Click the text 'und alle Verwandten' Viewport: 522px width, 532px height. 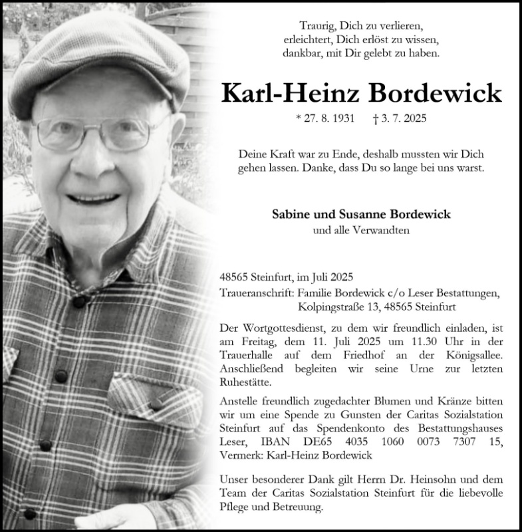coord(361,231)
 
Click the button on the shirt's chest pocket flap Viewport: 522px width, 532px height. coord(156,404)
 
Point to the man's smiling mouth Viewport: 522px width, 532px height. coord(94,198)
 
